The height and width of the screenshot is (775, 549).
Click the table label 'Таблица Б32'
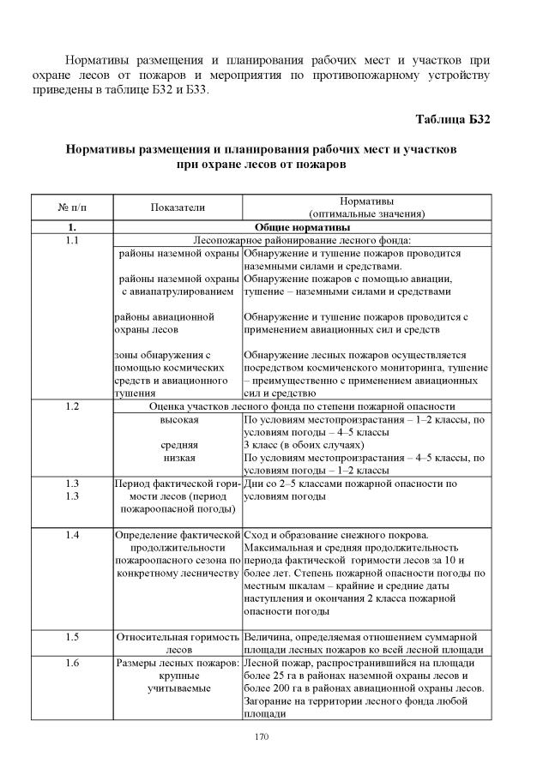click(452, 118)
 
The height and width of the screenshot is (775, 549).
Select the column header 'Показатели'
click(178, 207)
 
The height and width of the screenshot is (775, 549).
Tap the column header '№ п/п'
click(72, 207)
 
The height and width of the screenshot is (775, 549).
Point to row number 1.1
click(72, 241)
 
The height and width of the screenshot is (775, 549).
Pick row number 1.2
click(72, 406)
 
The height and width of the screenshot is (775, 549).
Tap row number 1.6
click(72, 664)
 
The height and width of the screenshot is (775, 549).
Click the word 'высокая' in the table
click(179, 420)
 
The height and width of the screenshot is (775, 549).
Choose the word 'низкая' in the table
click(179, 458)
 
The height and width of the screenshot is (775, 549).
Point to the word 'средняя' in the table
click(179, 445)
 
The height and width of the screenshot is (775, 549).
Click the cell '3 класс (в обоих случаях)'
click(304, 445)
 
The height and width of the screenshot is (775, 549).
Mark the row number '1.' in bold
click(72, 227)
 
